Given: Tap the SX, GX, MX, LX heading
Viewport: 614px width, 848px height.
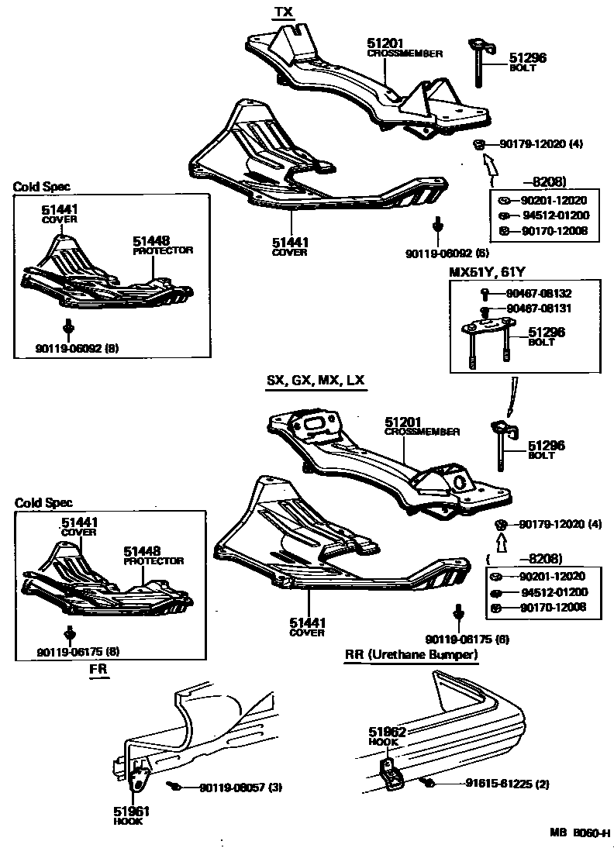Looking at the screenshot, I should coord(316,381).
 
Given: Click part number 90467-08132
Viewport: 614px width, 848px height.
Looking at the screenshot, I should coord(539,294).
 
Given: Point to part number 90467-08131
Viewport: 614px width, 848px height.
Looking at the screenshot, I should coord(539,309).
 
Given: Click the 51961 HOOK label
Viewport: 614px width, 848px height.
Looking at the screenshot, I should coord(131,815).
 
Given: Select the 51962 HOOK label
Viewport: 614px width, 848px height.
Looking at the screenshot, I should coord(384,736).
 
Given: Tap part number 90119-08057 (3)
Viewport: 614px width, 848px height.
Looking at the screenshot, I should coord(241,788).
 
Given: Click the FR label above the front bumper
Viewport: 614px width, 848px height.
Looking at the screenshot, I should coord(98,667).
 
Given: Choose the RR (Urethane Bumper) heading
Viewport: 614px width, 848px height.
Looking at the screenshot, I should coord(411,655).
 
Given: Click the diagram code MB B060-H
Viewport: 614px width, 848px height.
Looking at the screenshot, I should coord(580,834).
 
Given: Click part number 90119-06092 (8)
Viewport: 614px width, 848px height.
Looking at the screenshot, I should coord(77,349).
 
